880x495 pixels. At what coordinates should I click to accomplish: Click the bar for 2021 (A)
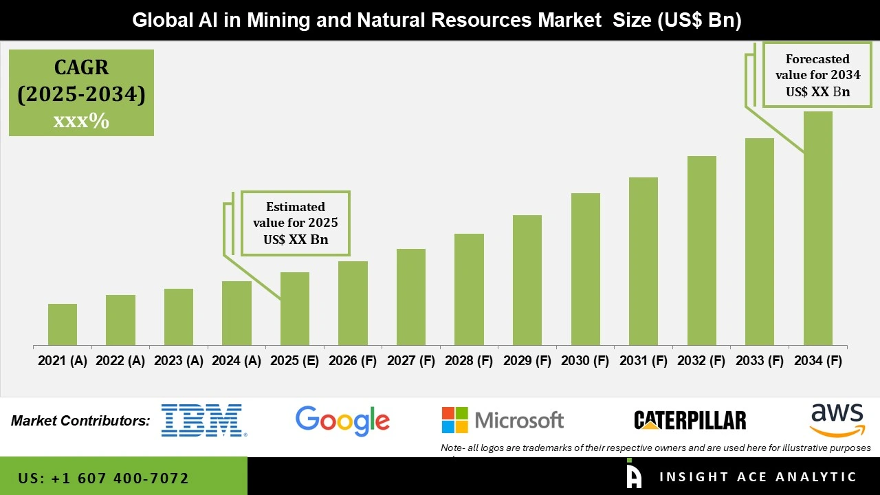(63, 324)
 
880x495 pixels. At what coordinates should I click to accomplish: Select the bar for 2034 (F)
(817, 228)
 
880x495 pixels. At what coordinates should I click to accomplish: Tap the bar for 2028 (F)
(469, 289)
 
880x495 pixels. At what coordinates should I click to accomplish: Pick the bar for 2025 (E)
(295, 309)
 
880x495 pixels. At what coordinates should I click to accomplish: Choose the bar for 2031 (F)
(643, 261)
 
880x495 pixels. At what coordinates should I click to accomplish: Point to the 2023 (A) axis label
(179, 361)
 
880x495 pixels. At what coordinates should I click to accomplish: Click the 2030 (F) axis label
(585, 361)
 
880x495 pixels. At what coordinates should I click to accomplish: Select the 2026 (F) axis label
(353, 361)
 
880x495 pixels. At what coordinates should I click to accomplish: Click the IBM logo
(203, 420)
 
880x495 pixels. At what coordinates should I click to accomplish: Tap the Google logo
(342, 420)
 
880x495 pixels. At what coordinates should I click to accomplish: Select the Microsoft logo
(503, 420)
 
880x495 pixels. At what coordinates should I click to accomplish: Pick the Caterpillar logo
(690, 420)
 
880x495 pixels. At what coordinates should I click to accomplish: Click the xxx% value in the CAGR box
(81, 121)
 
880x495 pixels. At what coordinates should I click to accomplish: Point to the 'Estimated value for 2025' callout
(296, 223)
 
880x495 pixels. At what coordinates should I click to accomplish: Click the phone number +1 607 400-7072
(103, 478)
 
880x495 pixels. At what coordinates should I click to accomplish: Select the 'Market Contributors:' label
(80, 420)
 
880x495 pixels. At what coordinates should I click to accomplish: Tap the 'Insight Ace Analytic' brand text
(758, 477)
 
